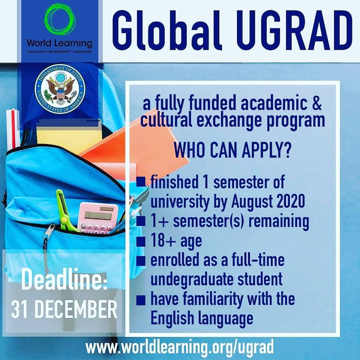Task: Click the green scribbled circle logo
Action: [x=60, y=19]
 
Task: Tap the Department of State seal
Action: [x=60, y=89]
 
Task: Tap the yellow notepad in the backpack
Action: [x=69, y=135]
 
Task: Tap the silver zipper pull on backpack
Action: [x=49, y=232]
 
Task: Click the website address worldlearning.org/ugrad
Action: [x=180, y=347]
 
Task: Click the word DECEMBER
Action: [x=76, y=309]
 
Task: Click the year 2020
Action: [x=291, y=201]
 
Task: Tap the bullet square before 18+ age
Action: [x=141, y=241]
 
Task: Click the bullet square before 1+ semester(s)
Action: [x=141, y=221]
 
